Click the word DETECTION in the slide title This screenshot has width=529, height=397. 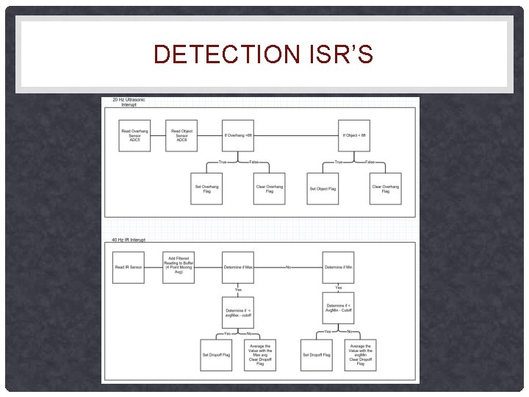220,54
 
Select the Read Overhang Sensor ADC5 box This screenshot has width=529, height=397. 134,135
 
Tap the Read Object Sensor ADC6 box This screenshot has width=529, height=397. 181,135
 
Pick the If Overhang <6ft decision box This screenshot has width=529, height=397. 238,135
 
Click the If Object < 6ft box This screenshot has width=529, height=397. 354,135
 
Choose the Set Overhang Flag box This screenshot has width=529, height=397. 206,189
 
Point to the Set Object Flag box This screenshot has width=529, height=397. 323,189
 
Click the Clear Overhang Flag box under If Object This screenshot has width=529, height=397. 386,189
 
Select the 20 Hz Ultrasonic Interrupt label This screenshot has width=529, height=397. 129,102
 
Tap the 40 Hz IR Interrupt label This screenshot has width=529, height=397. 129,240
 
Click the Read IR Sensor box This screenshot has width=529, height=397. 129,267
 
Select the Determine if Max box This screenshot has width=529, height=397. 238,267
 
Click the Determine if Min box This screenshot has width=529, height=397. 338,267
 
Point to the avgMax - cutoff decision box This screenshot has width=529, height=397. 238,312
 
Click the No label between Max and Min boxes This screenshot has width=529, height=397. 288,267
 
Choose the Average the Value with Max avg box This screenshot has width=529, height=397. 260,354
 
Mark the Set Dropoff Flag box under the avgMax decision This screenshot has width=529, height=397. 216,354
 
